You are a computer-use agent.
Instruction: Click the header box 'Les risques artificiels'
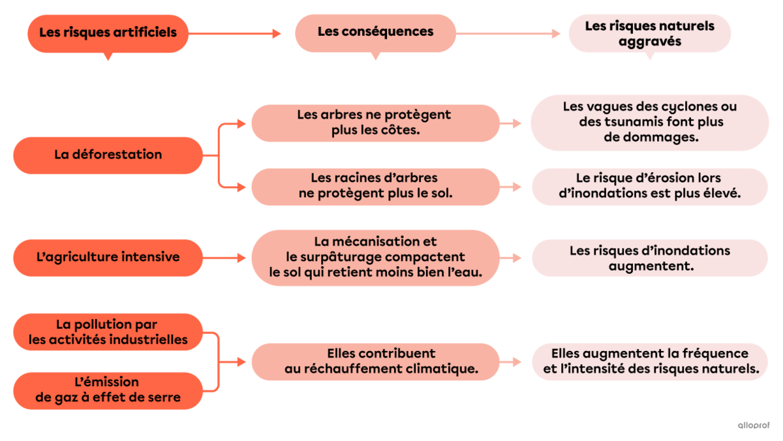pyautogui.click(x=108, y=33)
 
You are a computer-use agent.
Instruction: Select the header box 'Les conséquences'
pyautogui.click(x=375, y=32)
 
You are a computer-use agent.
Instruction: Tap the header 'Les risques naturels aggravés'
pyautogui.click(x=649, y=33)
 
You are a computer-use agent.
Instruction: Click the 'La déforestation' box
pyautogui.click(x=108, y=155)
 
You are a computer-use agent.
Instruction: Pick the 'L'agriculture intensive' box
pyautogui.click(x=108, y=257)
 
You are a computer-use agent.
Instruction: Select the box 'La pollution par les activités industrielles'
pyautogui.click(x=108, y=332)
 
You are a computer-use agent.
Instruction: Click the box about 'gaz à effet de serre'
pyautogui.click(x=108, y=390)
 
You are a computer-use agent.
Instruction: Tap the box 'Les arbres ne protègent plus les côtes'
pyautogui.click(x=375, y=123)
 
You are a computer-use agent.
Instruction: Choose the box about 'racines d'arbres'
pyautogui.click(x=375, y=186)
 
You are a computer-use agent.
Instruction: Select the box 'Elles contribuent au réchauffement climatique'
pyautogui.click(x=375, y=361)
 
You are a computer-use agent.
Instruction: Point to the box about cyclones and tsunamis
pyautogui.click(x=649, y=123)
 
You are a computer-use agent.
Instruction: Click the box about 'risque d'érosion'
pyautogui.click(x=649, y=186)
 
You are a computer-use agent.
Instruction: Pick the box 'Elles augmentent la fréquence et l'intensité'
pyautogui.click(x=649, y=361)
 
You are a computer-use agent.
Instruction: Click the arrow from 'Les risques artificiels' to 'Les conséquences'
pyautogui.click(x=235, y=33)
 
